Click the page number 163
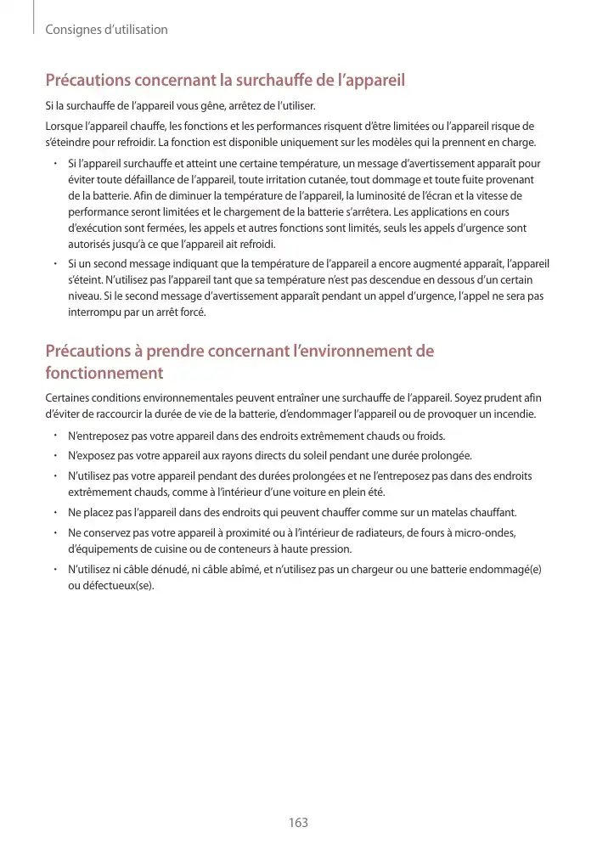point(298,823)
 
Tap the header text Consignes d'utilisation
point(106,30)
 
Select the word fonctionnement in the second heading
point(104,374)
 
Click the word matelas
point(416,513)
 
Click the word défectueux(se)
point(111,584)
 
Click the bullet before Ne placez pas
point(54,513)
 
